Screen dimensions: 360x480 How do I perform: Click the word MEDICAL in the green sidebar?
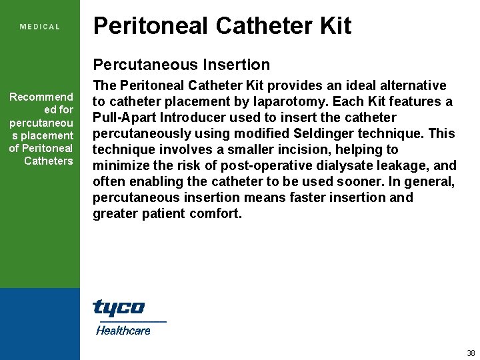[x=40, y=27]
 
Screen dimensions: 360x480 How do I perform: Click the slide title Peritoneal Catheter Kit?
[x=222, y=26]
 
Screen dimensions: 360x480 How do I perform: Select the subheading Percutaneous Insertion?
[x=181, y=65]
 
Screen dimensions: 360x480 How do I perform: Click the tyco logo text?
[x=119, y=308]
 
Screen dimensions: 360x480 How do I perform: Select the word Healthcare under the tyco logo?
[x=123, y=330]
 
